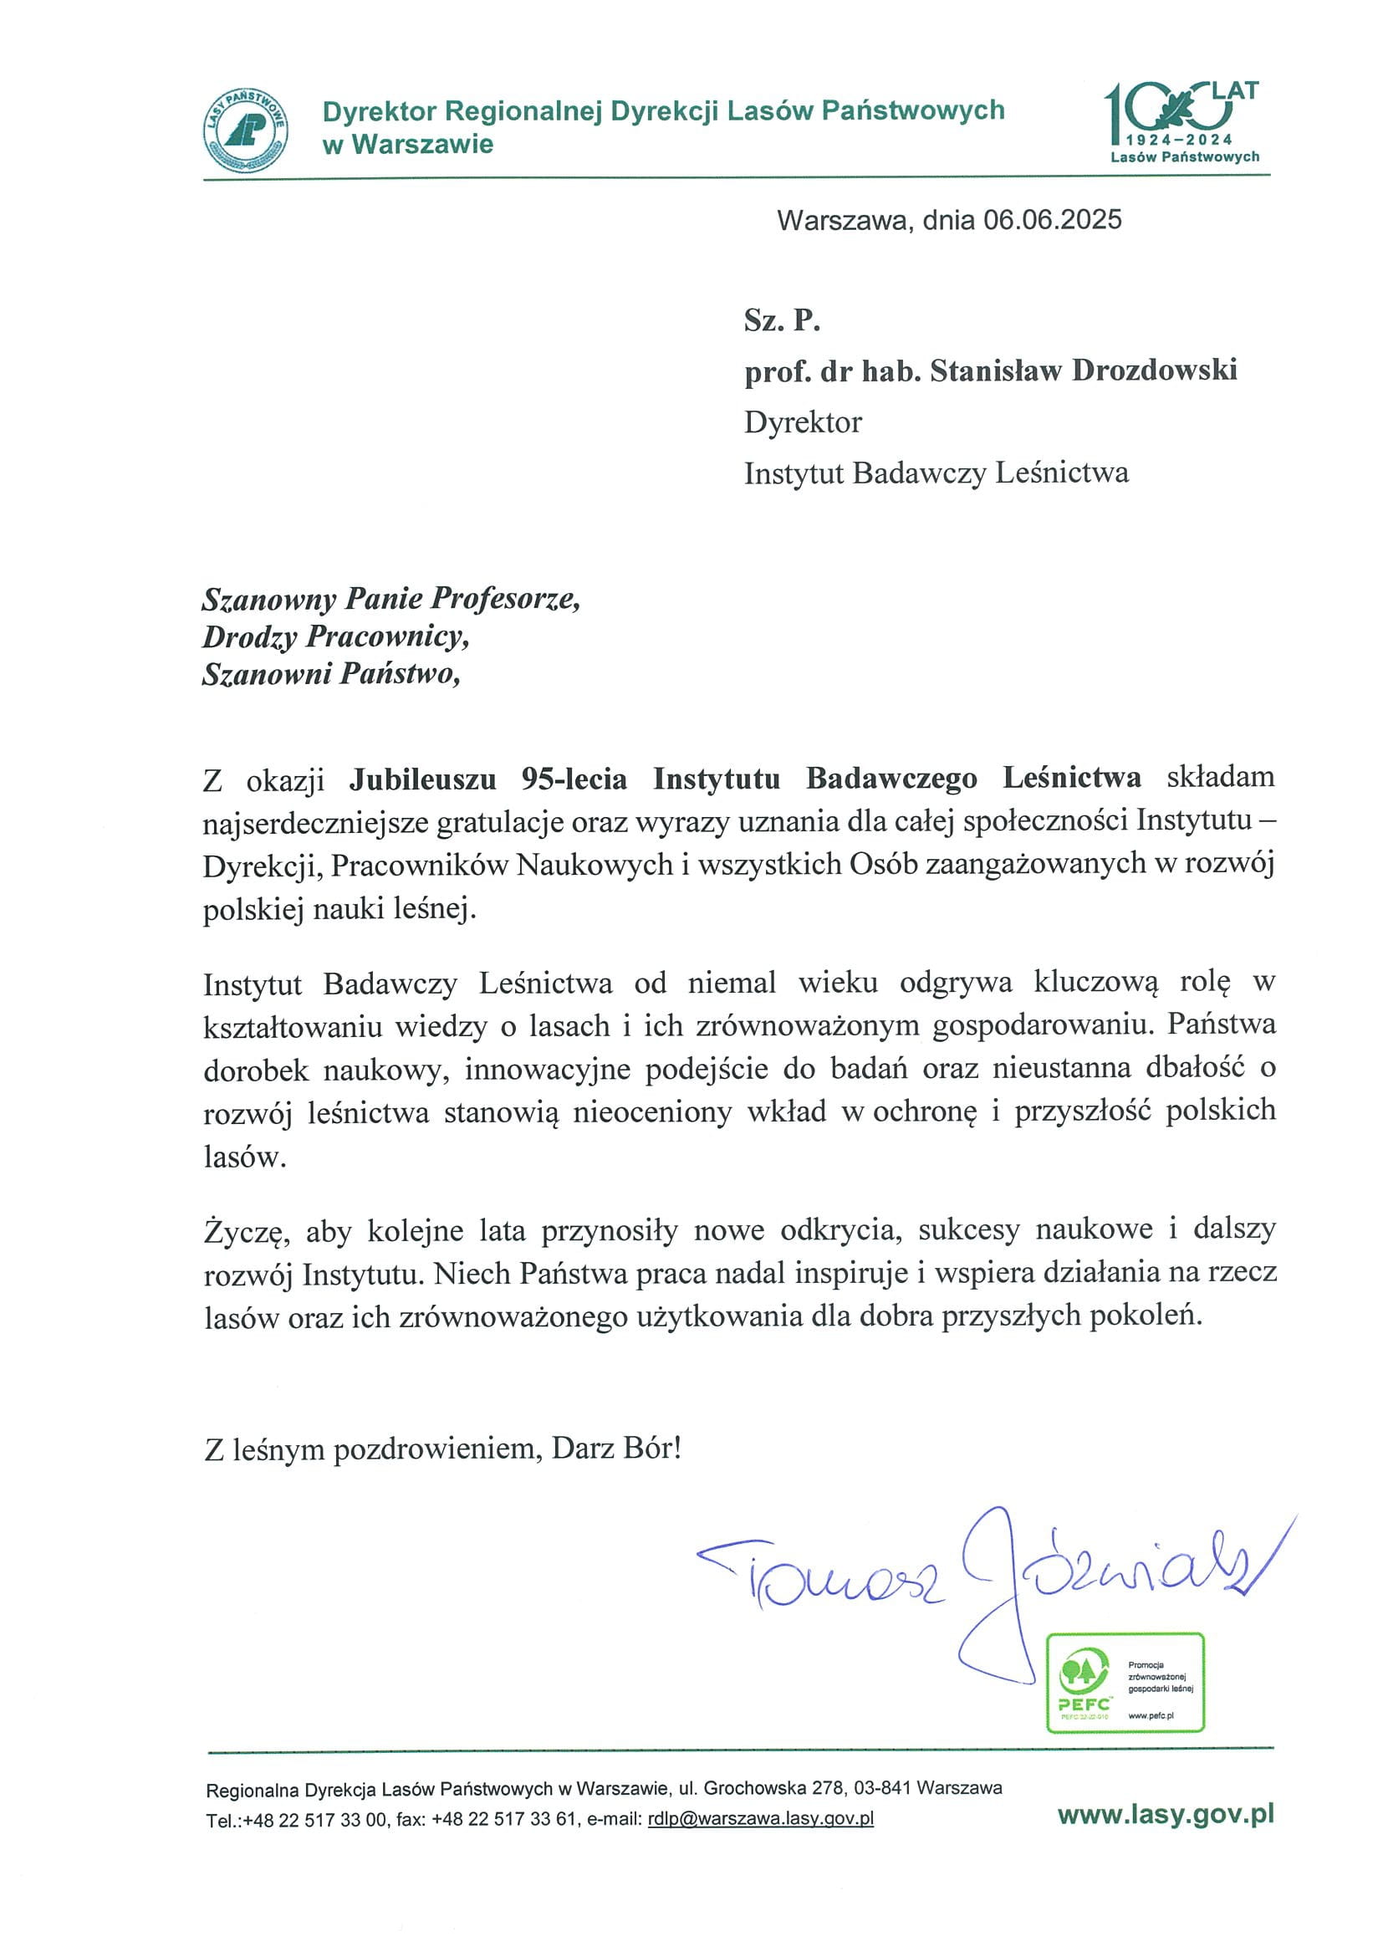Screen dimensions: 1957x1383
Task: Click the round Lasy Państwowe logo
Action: point(246,130)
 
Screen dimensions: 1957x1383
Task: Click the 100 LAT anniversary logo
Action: point(1183,122)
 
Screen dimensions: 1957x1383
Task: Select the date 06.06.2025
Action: point(1052,220)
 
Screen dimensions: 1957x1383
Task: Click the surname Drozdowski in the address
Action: point(1154,370)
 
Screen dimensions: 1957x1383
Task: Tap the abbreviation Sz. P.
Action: point(782,319)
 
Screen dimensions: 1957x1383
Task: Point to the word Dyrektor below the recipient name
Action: point(802,422)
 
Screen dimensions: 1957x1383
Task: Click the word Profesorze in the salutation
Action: point(505,598)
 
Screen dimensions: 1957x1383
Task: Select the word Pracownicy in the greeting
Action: point(387,636)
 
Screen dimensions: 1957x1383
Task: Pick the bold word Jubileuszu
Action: point(422,778)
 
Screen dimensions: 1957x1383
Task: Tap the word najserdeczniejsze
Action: point(315,821)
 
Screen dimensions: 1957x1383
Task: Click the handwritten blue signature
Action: point(988,1576)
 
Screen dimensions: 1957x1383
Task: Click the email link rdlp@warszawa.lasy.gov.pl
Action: point(760,1818)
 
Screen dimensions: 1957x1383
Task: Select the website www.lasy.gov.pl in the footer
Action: point(1165,1815)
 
